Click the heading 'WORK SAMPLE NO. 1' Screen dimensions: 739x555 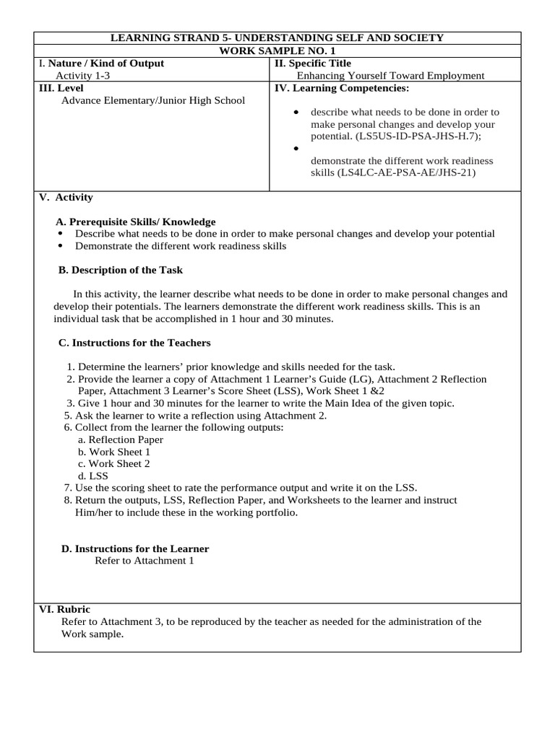click(x=277, y=51)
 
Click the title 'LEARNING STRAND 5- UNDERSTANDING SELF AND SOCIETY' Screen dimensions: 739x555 click(x=277, y=38)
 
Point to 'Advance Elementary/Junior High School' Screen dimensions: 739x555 click(x=153, y=100)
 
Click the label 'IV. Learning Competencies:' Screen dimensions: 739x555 click(x=341, y=88)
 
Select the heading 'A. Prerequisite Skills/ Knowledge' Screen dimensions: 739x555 click(x=136, y=222)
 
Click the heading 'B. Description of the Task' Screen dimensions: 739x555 click(x=120, y=270)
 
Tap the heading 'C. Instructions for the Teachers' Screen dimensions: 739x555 click(x=134, y=342)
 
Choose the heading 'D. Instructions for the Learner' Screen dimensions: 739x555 click(x=135, y=548)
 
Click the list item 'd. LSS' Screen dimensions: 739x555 click(x=92, y=476)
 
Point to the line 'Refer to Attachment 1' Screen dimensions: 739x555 click(x=145, y=561)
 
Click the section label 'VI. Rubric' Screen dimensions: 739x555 click(x=64, y=609)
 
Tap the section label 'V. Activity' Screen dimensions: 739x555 click(x=66, y=197)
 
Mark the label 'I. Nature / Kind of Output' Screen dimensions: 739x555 click(x=101, y=63)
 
